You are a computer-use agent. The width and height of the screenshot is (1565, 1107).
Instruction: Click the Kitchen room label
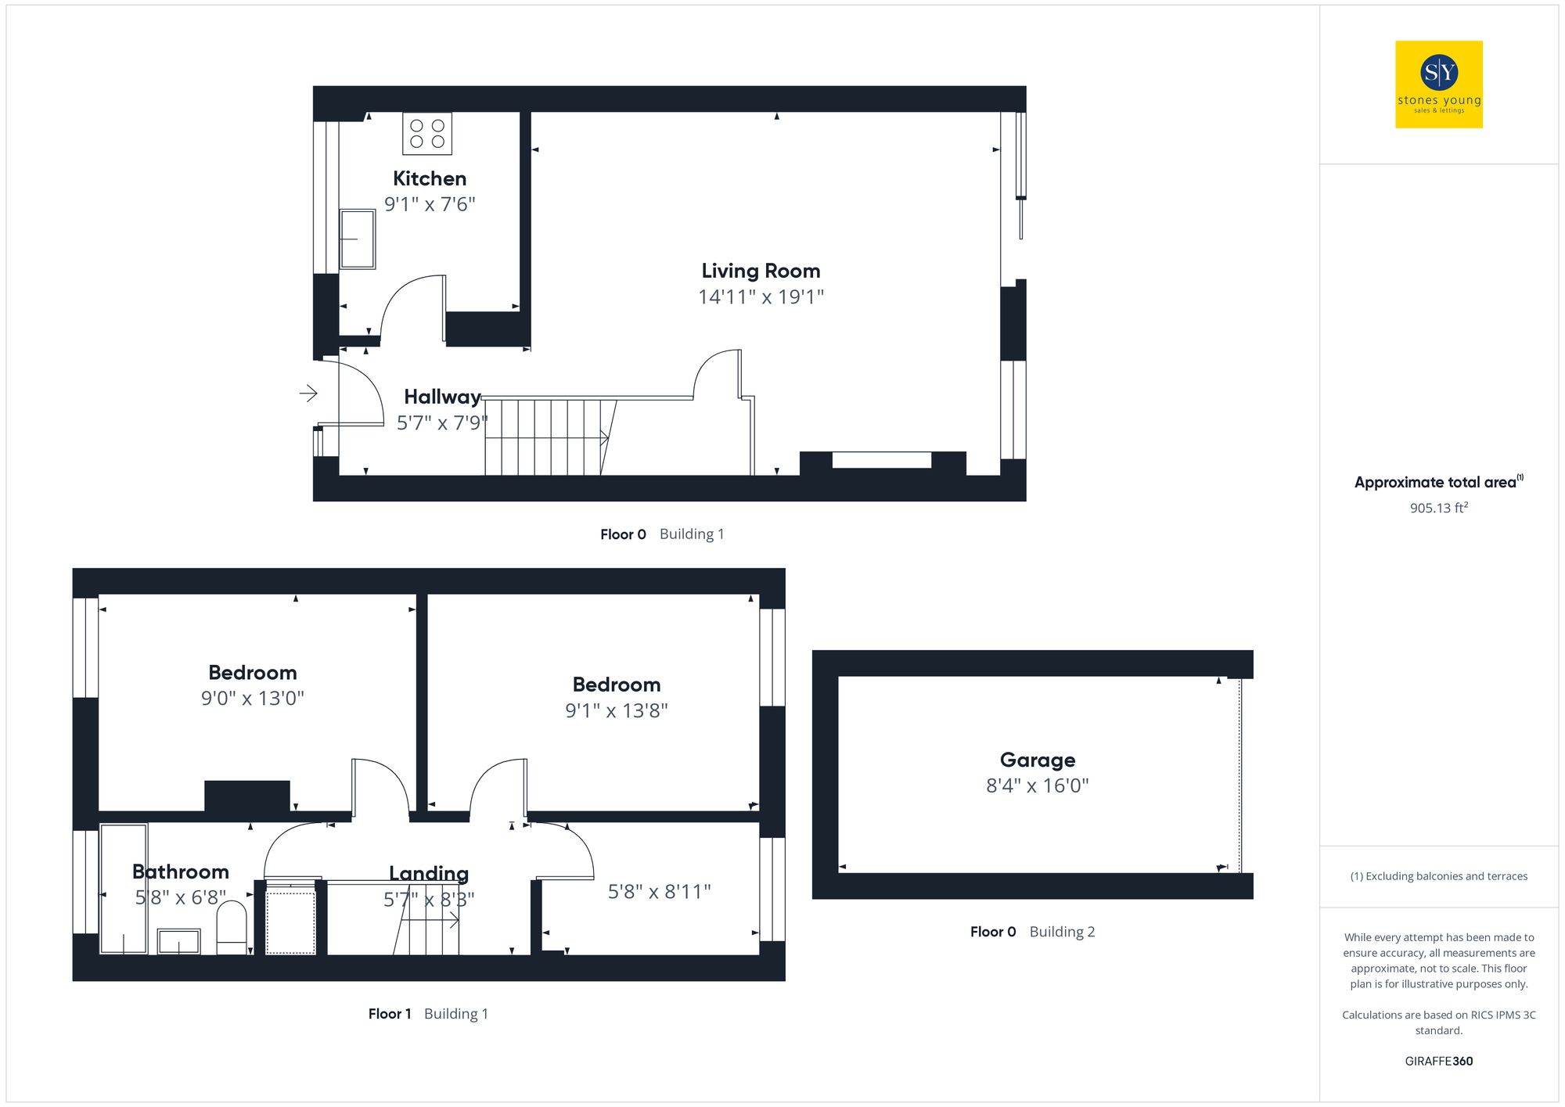429,178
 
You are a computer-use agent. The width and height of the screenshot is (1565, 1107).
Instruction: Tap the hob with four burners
427,134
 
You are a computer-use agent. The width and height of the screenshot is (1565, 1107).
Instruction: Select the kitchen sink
358,239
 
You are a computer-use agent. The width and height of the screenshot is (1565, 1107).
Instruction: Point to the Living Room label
761,271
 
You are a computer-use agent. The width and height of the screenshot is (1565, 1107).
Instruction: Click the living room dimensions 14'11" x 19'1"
761,297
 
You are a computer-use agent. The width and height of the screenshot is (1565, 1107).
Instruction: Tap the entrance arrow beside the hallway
308,393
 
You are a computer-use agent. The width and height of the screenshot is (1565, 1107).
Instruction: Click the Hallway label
442,397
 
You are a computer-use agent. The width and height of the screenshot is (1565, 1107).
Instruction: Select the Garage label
1037,760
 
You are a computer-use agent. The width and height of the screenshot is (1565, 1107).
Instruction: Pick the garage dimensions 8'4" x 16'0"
1037,785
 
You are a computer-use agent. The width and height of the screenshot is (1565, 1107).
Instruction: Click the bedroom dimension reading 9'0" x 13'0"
252,698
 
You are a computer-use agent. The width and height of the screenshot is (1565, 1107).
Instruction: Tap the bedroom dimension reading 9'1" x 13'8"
617,710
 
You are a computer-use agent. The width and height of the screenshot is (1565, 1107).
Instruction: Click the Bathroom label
181,872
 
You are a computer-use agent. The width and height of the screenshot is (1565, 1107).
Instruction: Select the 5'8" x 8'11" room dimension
659,892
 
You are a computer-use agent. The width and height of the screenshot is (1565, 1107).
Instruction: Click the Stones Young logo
1438,84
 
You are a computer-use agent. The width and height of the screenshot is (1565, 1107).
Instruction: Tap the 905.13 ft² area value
1438,508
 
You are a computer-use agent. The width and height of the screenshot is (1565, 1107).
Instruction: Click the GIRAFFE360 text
1438,1061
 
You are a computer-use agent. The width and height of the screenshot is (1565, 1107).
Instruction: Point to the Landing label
429,873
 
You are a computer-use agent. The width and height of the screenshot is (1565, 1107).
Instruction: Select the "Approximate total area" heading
1435,483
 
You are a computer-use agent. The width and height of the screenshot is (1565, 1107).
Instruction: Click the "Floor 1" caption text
390,1014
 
